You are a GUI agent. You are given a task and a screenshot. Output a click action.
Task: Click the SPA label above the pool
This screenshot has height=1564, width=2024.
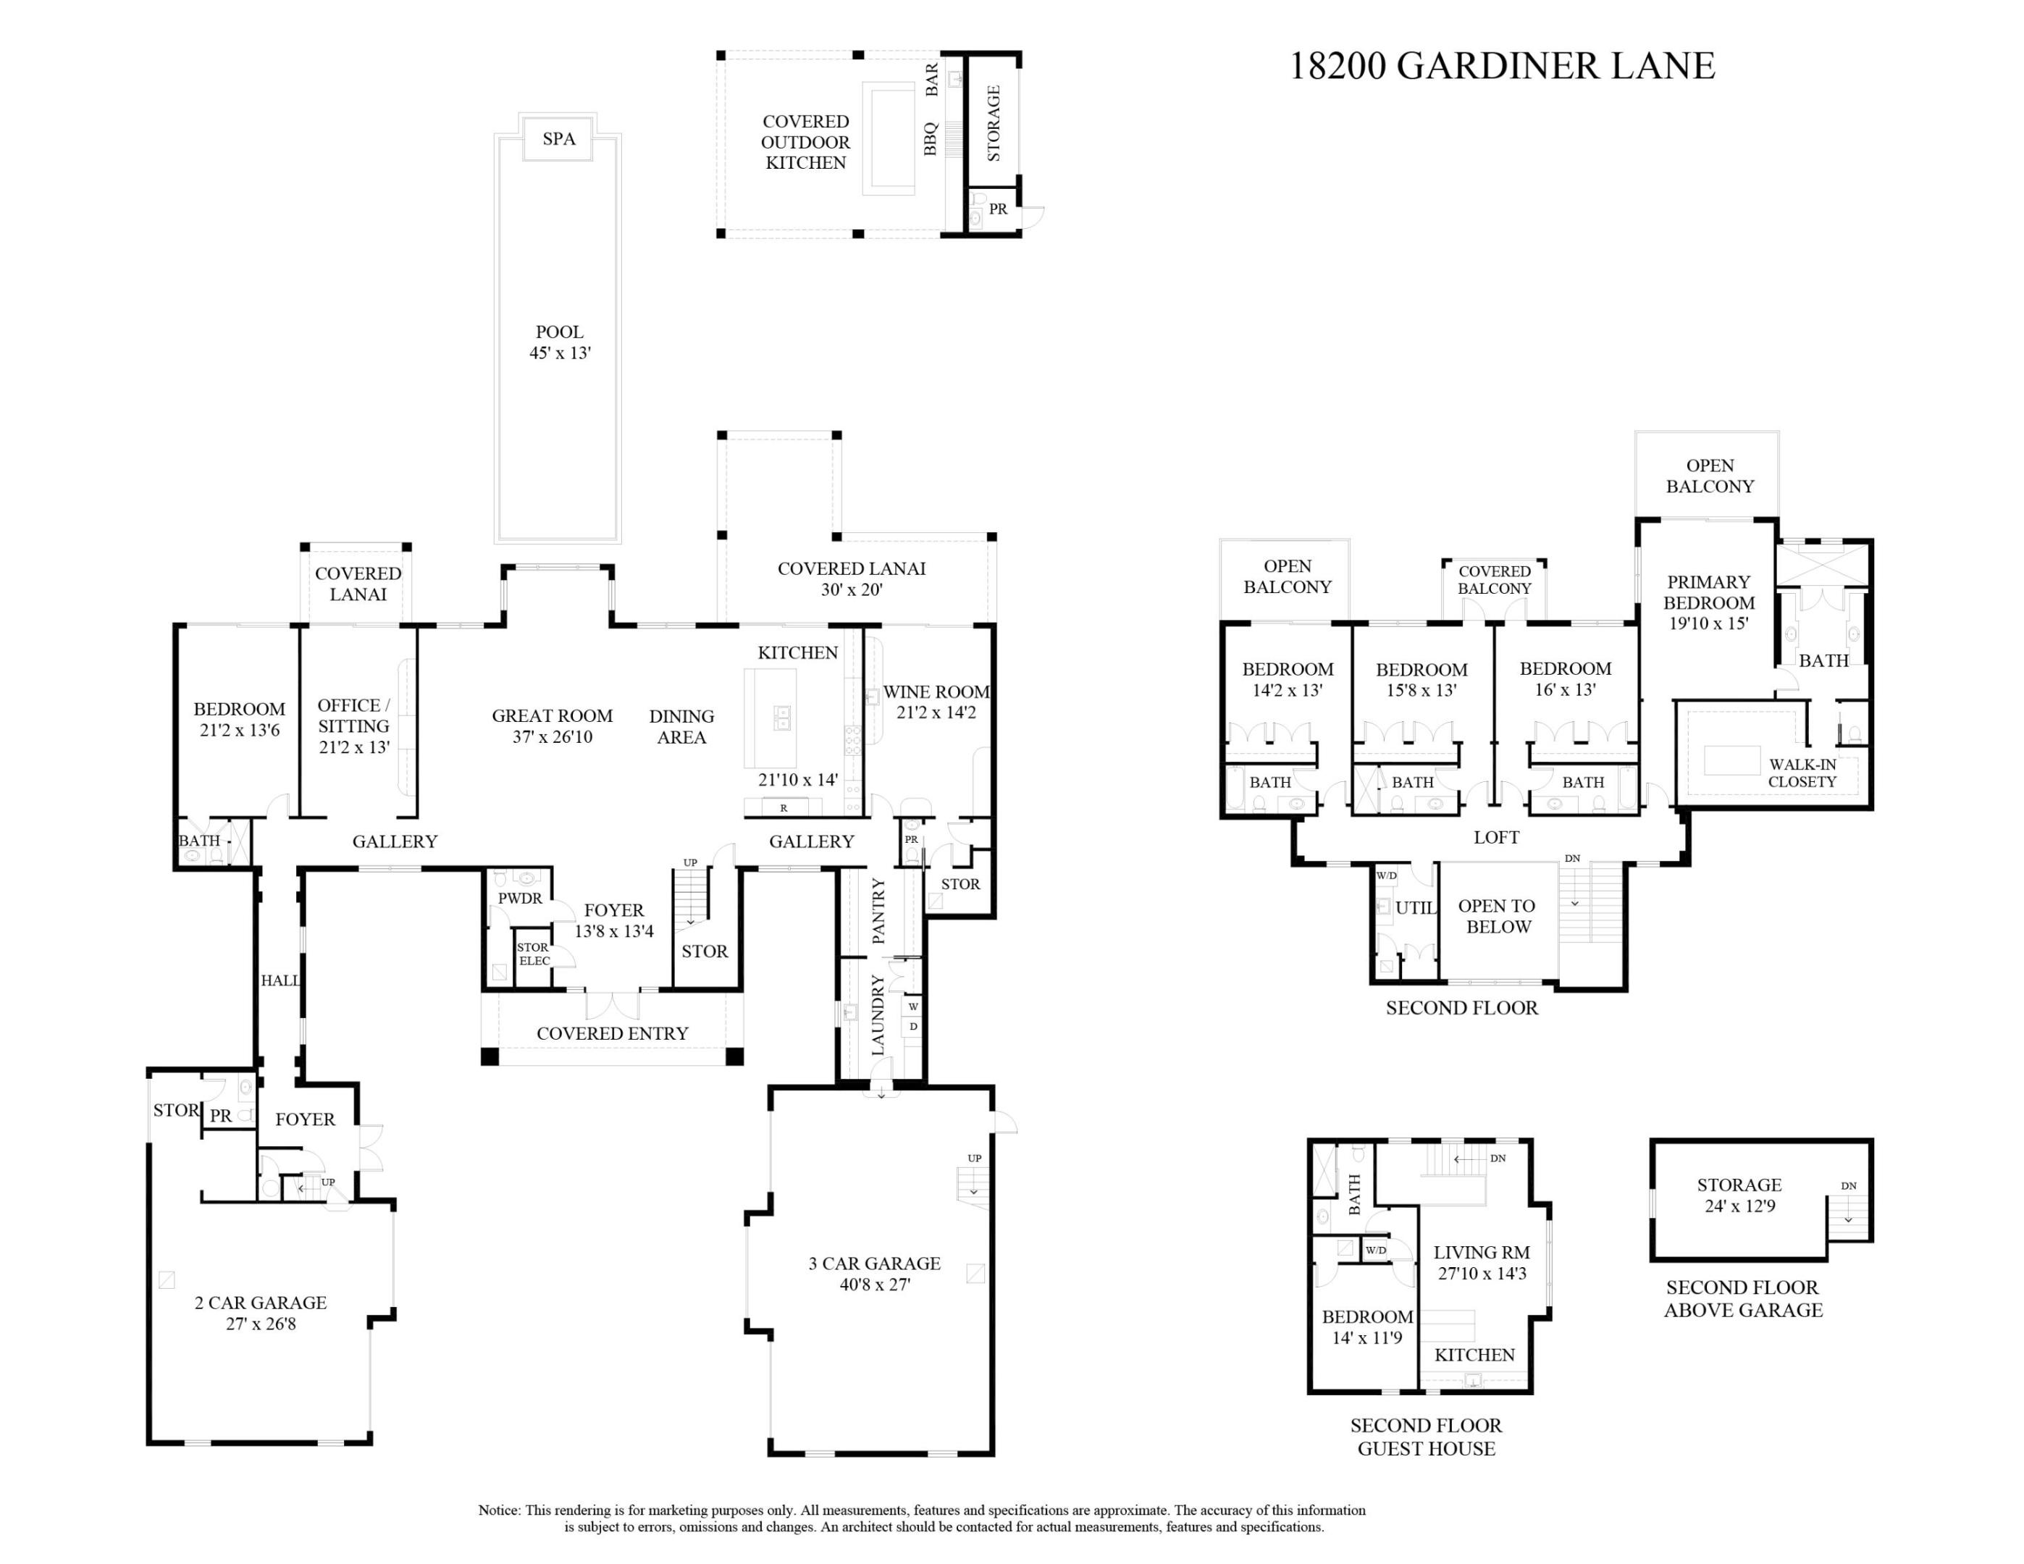559,139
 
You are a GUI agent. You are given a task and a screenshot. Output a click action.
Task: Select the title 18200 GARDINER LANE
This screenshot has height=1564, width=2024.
1501,66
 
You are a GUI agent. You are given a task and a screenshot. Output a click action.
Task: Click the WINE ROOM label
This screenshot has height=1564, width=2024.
936,692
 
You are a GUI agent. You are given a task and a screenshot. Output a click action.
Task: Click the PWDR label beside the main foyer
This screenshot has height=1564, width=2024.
520,898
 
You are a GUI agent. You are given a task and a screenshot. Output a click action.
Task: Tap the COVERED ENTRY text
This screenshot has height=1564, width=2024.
612,1033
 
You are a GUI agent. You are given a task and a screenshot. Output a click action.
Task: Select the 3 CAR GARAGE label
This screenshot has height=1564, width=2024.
874,1263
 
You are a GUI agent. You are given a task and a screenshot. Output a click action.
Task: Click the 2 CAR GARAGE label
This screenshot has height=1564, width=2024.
261,1302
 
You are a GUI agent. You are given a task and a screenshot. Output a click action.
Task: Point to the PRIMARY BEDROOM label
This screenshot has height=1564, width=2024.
1708,592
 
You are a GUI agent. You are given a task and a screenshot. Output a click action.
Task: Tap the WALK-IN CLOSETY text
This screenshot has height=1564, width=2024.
1802,773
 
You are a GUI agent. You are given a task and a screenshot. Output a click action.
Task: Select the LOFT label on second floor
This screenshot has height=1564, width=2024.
1496,838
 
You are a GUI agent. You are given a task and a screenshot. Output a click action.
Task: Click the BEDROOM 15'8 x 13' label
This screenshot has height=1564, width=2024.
1421,679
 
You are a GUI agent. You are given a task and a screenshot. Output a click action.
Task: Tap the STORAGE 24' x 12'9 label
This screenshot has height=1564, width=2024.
1739,1195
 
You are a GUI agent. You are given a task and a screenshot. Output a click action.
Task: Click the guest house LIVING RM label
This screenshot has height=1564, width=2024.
1481,1252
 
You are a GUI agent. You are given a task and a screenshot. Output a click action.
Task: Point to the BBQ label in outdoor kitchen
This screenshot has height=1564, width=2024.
931,139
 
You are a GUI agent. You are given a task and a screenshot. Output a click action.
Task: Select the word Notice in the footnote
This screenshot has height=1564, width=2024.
500,1510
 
